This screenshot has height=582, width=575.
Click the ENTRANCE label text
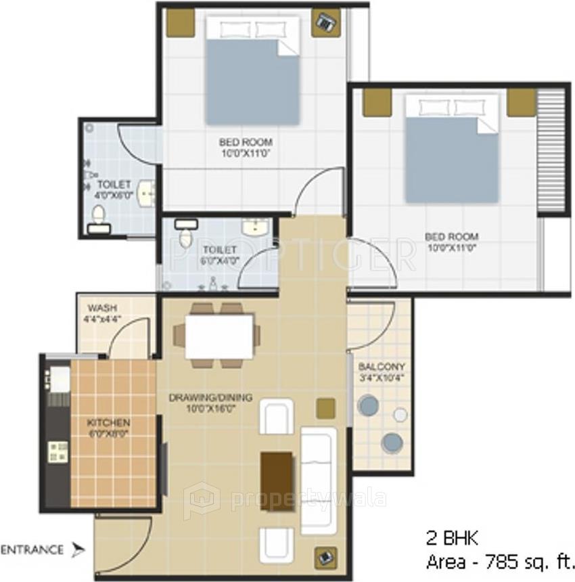pos(32,550)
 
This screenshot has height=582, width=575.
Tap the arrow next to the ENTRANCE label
pos(78,550)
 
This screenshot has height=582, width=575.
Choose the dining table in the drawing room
pos(219,336)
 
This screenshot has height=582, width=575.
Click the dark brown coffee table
pos(277,481)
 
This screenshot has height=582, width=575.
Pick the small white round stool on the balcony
pos(400,415)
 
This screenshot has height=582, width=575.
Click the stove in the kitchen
pos(57,451)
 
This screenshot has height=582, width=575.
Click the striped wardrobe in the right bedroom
pos(550,152)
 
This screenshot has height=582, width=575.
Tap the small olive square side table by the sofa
pos(326,407)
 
